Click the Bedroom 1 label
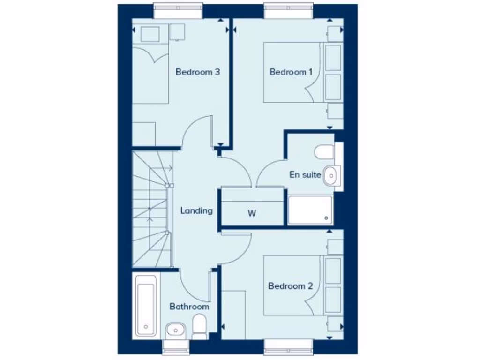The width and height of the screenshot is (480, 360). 291,72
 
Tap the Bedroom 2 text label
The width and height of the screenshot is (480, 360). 290,286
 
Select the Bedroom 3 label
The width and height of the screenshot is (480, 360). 198,72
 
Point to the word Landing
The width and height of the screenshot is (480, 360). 196,211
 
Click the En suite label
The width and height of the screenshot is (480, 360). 305,175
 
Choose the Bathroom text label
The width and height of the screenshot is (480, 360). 189,307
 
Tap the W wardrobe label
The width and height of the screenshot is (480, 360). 252,214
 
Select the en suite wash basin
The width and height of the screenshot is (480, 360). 331,175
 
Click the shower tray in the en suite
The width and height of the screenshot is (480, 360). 310,210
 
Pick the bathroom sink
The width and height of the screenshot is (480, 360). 176,330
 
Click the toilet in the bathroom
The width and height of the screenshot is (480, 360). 200,326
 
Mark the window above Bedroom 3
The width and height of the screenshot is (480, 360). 178,11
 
